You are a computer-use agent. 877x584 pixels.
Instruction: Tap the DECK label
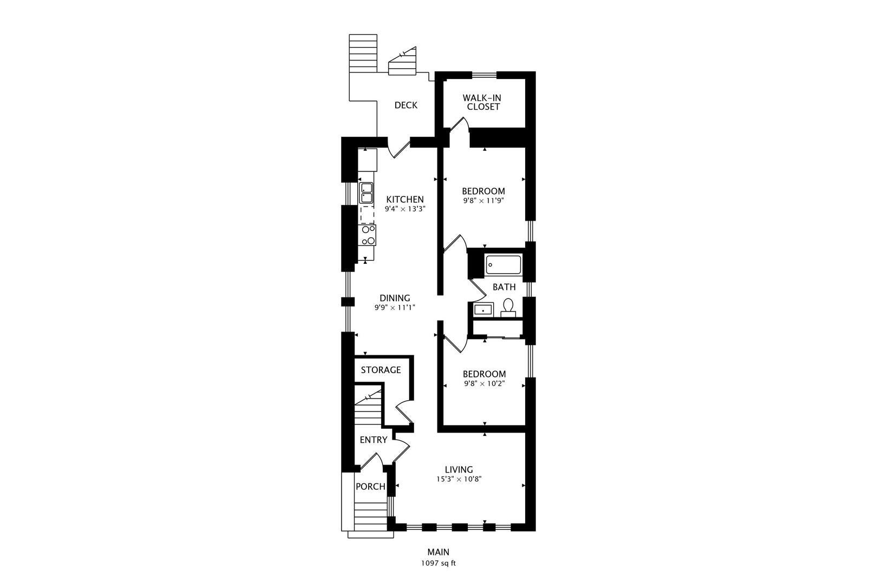click(x=406, y=105)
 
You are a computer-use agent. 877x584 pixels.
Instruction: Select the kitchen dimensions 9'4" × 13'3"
click(x=405, y=209)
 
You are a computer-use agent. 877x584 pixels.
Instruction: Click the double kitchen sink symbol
click(x=366, y=193)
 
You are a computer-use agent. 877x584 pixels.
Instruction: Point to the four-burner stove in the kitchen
click(x=367, y=235)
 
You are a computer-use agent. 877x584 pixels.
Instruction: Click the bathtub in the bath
click(x=503, y=265)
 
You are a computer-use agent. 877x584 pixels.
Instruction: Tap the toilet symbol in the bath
click(x=508, y=308)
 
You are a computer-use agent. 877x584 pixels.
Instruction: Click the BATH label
click(x=505, y=287)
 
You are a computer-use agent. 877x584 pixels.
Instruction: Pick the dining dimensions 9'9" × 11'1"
click(x=395, y=308)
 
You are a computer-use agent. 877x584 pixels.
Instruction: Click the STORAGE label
click(x=381, y=370)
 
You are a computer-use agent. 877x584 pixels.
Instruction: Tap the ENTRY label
click(x=374, y=440)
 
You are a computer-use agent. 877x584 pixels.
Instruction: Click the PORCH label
click(x=370, y=487)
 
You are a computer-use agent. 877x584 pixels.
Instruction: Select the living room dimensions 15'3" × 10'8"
click(x=459, y=479)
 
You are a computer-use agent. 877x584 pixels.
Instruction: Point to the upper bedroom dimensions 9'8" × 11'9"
click(x=483, y=201)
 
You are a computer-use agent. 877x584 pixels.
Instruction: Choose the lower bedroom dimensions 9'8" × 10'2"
click(x=485, y=384)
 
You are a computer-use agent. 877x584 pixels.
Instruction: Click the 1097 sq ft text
click(x=439, y=563)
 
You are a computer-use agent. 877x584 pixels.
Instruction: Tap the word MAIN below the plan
click(x=439, y=552)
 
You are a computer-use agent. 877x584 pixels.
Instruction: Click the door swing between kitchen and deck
click(x=400, y=150)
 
